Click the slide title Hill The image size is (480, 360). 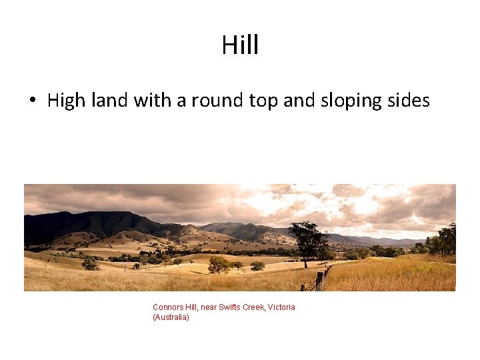240,45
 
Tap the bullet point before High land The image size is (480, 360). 32,101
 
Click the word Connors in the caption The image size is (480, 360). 167,307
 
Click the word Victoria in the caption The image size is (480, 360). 282,307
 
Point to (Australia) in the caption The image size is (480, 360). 171,317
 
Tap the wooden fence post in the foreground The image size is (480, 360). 319,281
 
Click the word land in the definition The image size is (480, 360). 107,101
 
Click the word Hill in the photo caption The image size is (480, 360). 190,307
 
